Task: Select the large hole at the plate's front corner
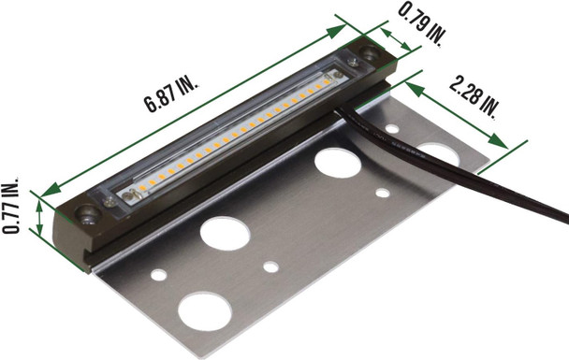[204, 311]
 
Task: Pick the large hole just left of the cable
[338, 162]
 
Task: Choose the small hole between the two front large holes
[270, 266]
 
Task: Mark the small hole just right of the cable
[383, 193]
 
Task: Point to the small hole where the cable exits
[391, 128]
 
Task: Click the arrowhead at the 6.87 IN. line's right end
[342, 31]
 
